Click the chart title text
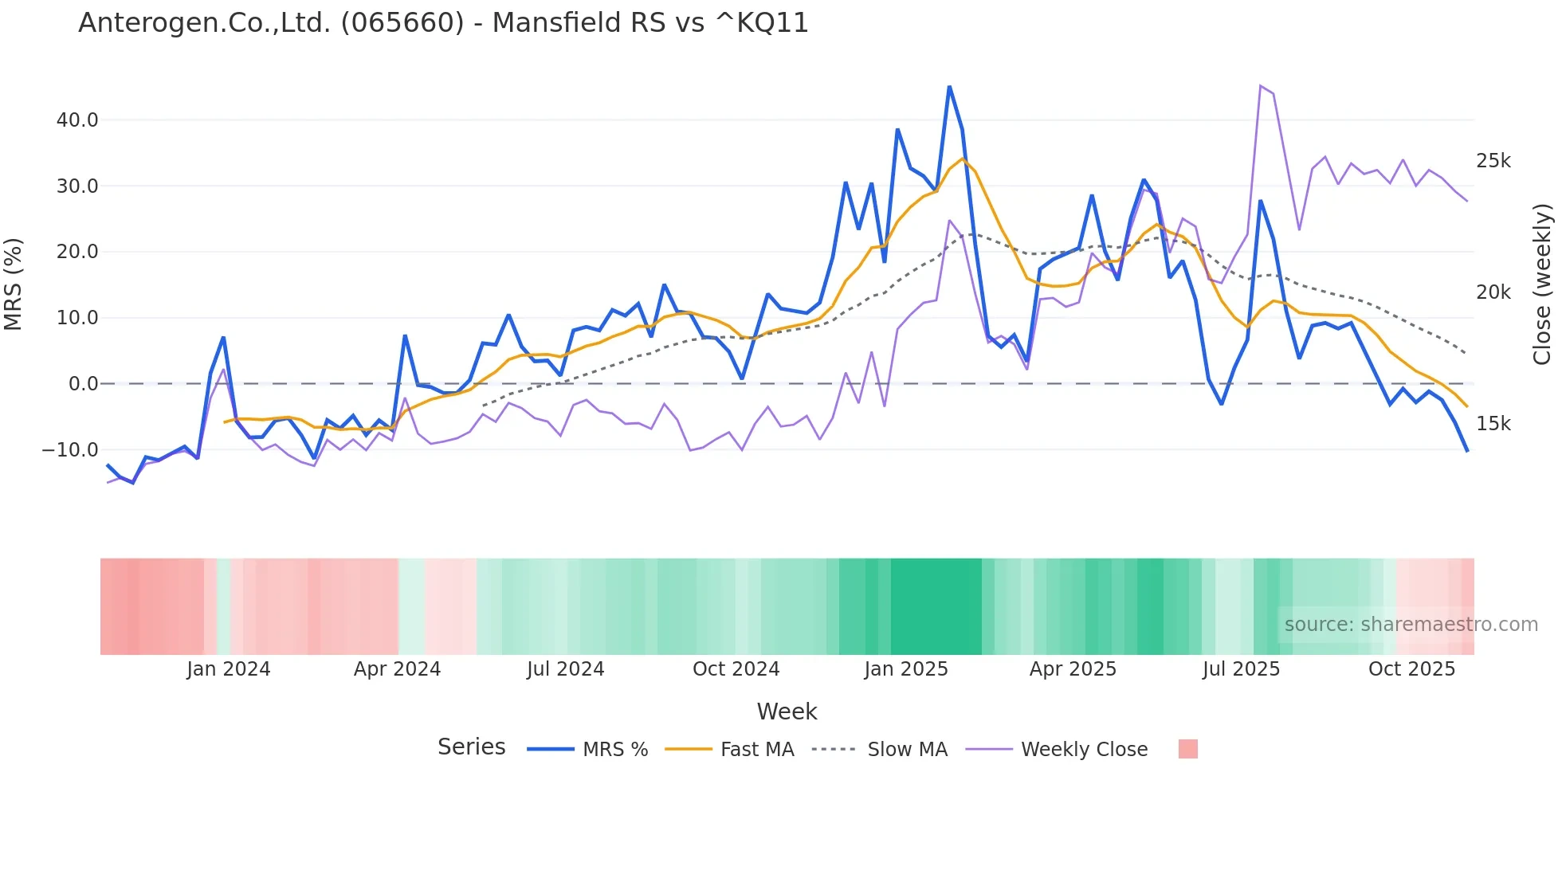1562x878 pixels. click(443, 23)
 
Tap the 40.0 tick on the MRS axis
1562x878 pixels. click(77, 120)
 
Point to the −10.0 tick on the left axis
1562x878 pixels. click(70, 450)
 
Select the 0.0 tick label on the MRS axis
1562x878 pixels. click(83, 384)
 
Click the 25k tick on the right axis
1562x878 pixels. click(1493, 161)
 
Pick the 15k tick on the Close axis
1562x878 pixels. click(1493, 424)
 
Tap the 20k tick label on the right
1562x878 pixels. click(1493, 292)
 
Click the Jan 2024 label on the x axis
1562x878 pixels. click(229, 669)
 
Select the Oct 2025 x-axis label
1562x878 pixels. click(1411, 669)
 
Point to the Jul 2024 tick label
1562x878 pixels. click(565, 669)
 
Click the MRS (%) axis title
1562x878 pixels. click(14, 284)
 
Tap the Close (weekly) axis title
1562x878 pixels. click(1542, 284)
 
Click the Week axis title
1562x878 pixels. click(787, 711)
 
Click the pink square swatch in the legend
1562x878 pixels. click(1187, 749)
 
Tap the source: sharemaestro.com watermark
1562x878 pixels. click(1411, 625)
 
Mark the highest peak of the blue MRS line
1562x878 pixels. click(949, 87)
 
